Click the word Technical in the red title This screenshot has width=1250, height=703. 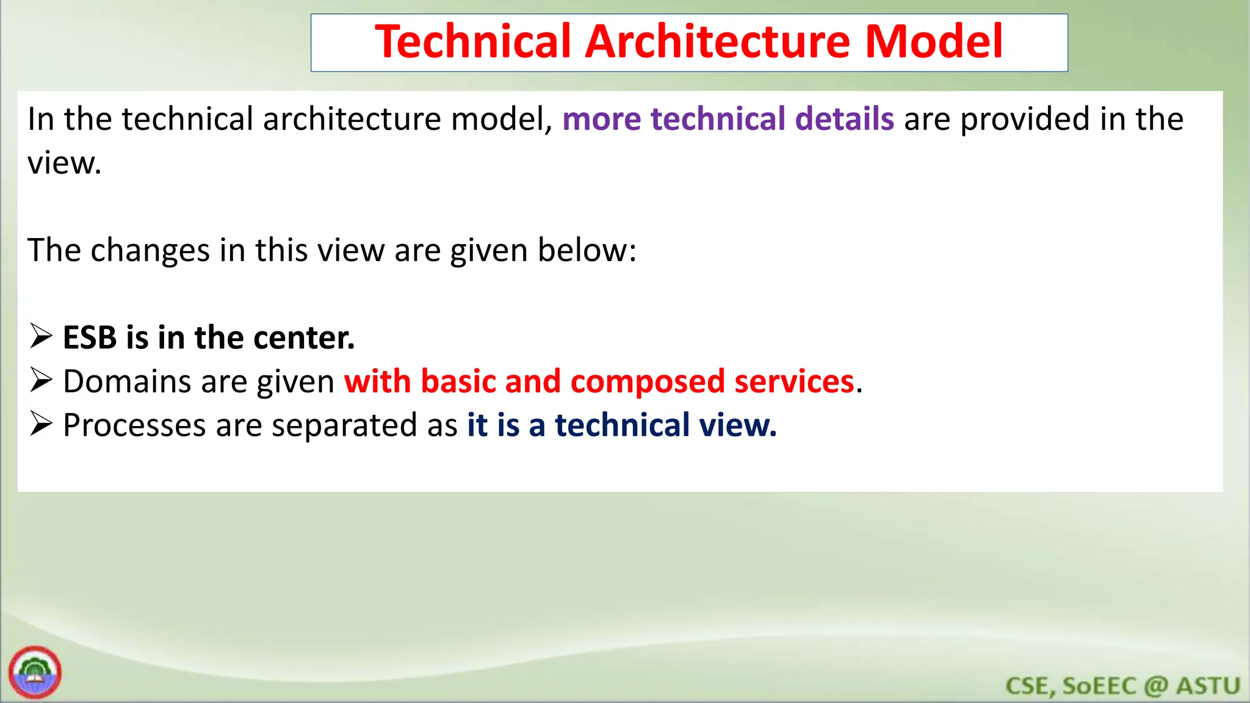coord(473,41)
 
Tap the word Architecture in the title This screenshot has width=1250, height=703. coord(718,41)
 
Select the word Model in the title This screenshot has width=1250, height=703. coord(934,41)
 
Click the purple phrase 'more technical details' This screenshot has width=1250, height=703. coord(728,119)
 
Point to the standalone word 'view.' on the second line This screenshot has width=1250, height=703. coord(64,164)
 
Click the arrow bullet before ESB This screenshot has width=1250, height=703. coord(42,337)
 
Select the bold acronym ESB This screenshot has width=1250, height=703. coord(90,338)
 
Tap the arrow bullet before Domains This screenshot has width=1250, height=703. coord(42,381)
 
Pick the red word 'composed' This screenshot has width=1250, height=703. coord(647,382)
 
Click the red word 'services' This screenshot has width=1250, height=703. coord(793,382)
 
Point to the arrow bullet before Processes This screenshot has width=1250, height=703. coord(42,424)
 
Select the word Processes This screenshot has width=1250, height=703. coord(134,425)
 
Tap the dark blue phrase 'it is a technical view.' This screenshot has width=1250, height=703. coord(621,425)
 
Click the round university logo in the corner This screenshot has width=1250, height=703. coord(35,672)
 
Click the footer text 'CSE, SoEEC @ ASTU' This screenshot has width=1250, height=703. coord(1122,686)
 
